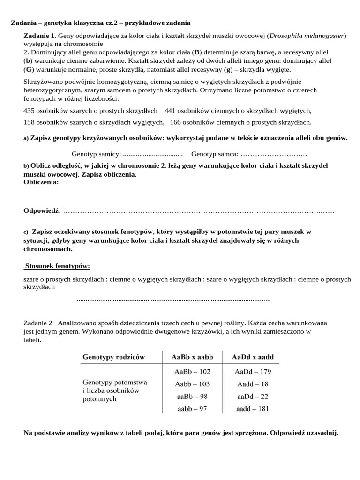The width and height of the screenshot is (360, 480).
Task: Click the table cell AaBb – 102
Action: (192, 372)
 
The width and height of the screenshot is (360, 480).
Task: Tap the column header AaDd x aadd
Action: (251, 357)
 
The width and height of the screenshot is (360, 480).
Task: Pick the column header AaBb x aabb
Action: (192, 357)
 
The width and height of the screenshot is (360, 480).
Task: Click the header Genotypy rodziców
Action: (113, 357)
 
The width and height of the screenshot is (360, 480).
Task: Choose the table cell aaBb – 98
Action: (192, 396)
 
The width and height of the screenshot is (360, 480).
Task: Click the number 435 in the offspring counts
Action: (30, 111)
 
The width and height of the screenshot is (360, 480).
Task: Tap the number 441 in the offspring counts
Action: (171, 111)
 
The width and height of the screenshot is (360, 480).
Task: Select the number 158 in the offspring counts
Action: (30, 122)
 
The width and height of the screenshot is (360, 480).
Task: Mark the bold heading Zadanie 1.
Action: (40, 36)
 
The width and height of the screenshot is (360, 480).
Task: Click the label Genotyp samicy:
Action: (96, 154)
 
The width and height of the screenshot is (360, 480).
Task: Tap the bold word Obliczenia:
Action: (41, 182)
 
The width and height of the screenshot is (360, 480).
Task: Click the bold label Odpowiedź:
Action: (42, 210)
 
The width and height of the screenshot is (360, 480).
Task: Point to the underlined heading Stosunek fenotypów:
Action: (57, 266)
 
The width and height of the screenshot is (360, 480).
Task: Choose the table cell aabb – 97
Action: (192, 408)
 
